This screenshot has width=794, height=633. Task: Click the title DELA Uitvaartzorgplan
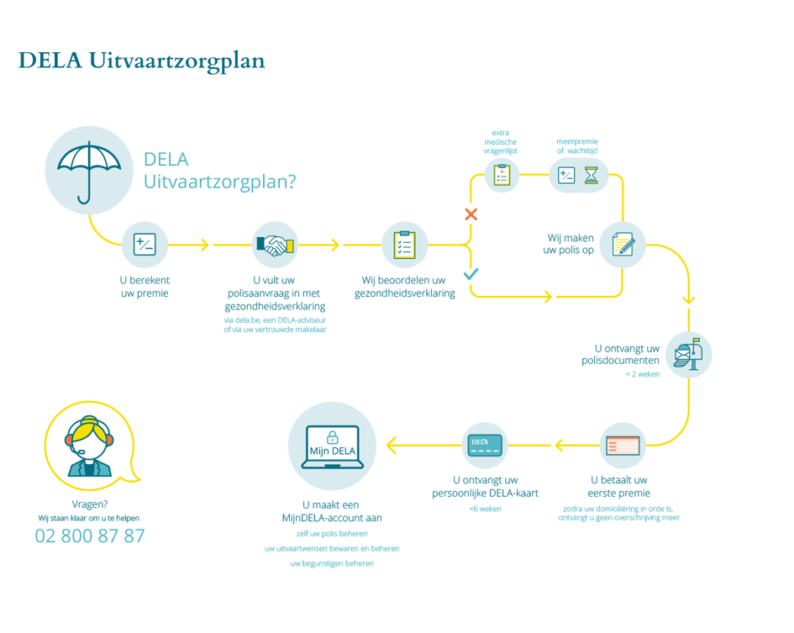click(141, 61)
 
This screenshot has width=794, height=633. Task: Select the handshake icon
click(275, 245)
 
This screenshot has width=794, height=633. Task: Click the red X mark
click(471, 214)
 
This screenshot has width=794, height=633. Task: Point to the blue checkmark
click(471, 273)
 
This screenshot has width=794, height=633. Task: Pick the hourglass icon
click(593, 175)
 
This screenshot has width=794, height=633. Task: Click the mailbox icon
click(689, 354)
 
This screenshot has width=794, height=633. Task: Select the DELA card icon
click(485, 445)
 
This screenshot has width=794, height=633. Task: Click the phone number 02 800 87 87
click(90, 535)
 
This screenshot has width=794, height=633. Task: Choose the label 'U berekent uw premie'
click(145, 287)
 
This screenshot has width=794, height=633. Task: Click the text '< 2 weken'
click(642, 374)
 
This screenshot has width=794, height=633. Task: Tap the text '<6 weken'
click(485, 509)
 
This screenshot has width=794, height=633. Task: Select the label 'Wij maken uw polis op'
click(571, 244)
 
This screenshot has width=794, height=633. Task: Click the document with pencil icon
click(623, 244)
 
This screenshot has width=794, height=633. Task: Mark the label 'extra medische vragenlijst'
click(501, 141)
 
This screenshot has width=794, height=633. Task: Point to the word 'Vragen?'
click(90, 504)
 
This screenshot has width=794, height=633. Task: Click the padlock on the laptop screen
click(332, 437)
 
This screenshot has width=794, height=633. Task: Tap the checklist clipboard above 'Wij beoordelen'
click(404, 245)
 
